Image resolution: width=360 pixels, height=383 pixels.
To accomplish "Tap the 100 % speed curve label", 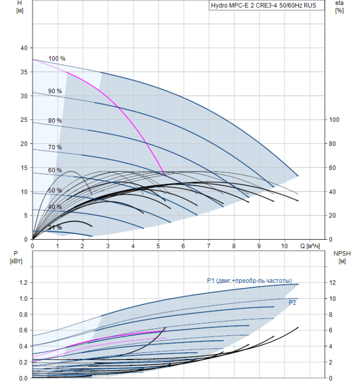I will coord(57,59).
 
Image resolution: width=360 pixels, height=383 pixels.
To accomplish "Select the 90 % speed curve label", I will coord(55,91).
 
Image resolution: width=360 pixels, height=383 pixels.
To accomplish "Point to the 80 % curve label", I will coord(55,120).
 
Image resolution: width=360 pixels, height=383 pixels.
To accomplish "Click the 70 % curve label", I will coord(55,147).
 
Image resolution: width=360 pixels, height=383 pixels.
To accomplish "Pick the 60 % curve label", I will coord(55,170).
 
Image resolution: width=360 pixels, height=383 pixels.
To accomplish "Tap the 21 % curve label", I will coord(55,227).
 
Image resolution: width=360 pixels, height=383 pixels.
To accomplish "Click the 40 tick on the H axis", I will coord(24,48).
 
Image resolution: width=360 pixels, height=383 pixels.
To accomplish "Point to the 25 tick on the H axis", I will coord(24,120).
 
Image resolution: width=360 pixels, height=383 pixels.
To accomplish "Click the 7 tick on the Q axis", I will coord(208,247).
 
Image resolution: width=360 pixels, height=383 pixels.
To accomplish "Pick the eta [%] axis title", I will coord(339,7).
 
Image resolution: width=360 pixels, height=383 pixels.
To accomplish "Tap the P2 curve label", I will coord(292,301).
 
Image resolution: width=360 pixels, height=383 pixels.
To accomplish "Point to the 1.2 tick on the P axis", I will coord(23,283).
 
